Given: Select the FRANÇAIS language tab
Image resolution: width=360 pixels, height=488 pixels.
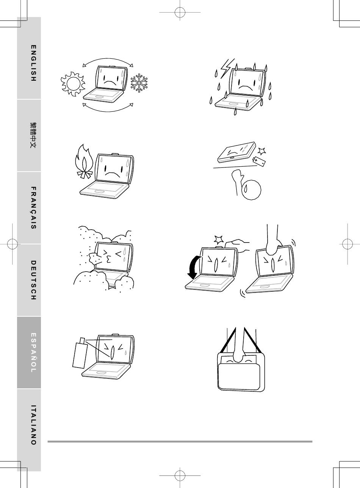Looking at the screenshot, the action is [29, 208].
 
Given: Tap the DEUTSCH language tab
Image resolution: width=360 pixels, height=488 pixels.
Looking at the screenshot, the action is [29, 280].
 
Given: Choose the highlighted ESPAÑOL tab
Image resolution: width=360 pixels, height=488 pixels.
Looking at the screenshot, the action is [29, 352].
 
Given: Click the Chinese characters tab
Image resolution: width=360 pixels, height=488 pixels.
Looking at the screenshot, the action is [29, 136].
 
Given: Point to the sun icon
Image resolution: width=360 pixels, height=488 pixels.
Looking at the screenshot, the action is [73, 84].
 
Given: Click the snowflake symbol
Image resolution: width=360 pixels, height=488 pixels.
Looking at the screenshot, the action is [139, 83].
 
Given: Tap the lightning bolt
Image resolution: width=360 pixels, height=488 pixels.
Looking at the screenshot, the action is [227, 68].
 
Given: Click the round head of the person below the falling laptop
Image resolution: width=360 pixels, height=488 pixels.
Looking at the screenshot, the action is [252, 190].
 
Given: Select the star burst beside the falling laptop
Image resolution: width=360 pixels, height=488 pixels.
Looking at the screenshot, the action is [262, 151].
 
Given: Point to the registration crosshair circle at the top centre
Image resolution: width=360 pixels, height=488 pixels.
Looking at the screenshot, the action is [180, 12].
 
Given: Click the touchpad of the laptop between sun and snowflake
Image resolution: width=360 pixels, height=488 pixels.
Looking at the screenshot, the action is [99, 97].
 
